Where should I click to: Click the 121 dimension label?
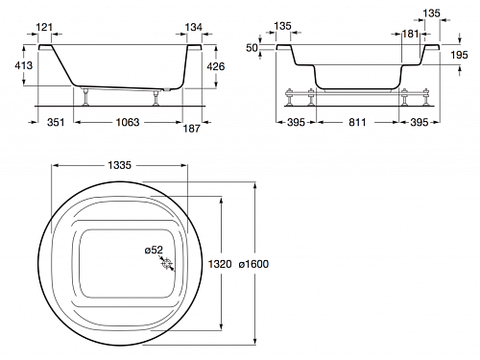44,27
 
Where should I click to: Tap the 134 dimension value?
193,27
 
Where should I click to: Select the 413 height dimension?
23,65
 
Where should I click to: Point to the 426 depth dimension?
216,66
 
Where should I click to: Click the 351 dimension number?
56,122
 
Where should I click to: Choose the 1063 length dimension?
128,122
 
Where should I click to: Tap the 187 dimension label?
191,129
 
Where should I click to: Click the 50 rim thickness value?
252,48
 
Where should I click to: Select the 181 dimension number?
410,34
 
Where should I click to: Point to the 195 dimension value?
459,55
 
